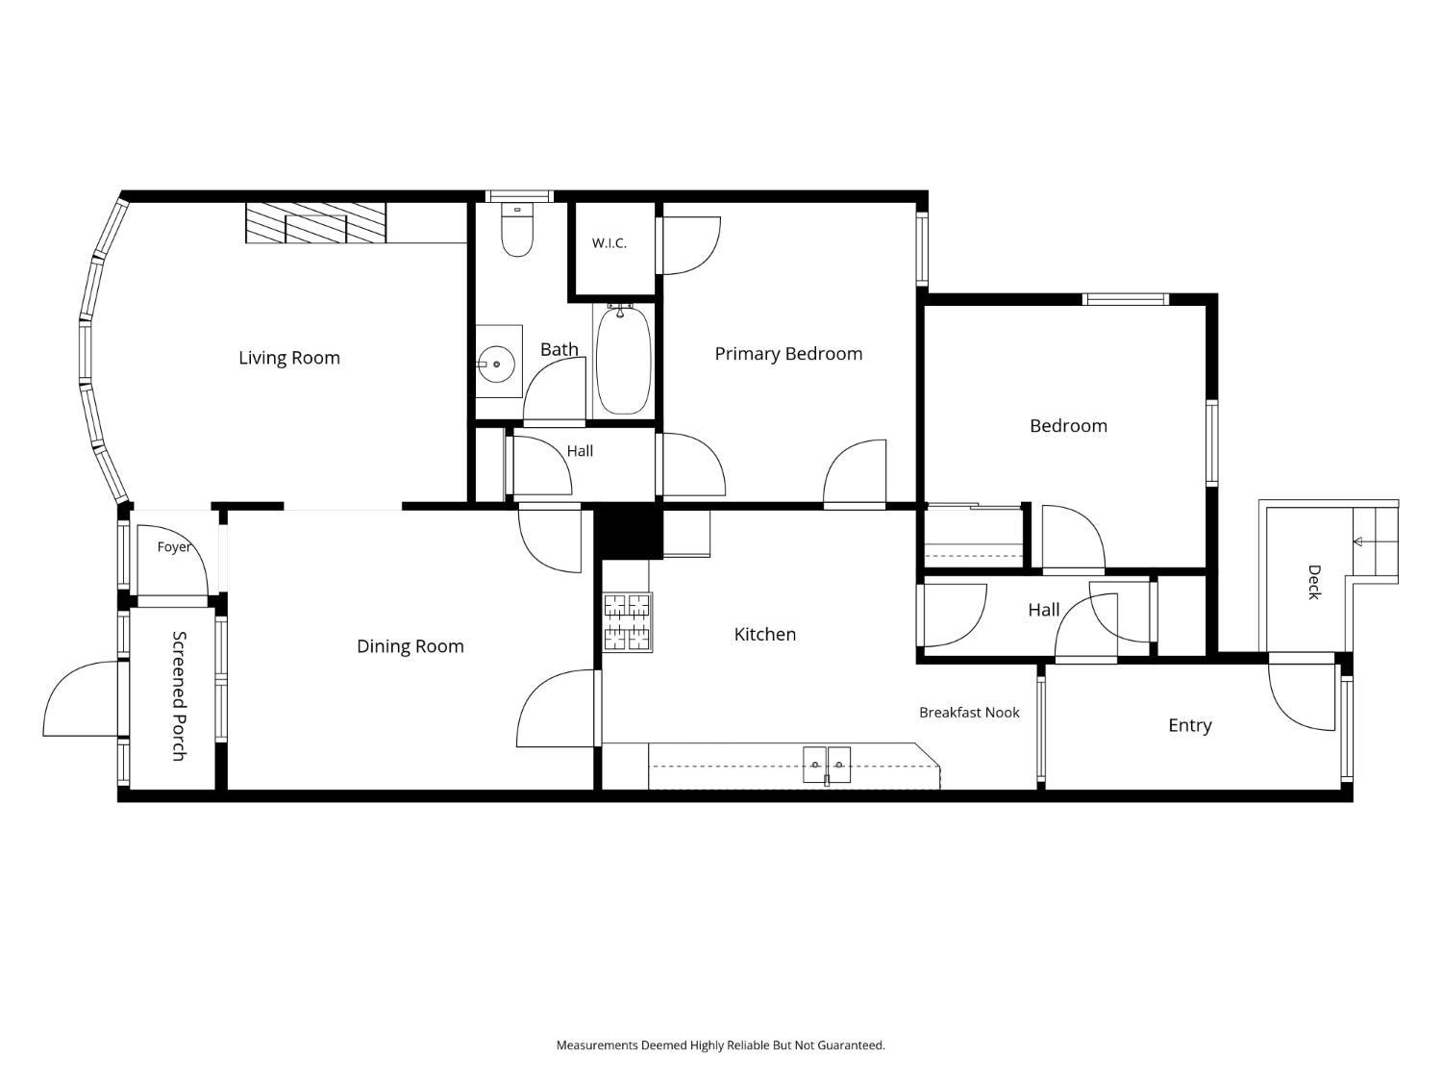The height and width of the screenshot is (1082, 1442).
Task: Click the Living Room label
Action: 289,358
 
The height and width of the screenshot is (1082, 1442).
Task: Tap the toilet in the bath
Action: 517,229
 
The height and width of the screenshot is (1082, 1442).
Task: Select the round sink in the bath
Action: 496,364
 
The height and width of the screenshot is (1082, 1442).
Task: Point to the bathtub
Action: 624,361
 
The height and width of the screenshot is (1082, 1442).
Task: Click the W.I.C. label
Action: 609,243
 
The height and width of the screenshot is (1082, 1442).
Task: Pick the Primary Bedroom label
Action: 788,354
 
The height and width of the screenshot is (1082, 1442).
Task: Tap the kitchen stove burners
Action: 628,621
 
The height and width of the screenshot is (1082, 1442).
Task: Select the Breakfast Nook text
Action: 969,712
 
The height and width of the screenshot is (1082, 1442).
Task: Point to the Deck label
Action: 1313,582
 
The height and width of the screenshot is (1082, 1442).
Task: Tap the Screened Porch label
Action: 179,695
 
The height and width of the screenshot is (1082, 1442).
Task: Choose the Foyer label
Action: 174,546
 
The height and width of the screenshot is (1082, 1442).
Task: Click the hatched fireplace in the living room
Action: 315,223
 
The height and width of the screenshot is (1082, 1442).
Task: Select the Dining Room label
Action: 410,646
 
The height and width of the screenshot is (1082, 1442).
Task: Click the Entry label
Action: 1190,725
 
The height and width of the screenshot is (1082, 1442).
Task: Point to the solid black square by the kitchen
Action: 628,531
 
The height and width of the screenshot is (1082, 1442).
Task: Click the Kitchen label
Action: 764,635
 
